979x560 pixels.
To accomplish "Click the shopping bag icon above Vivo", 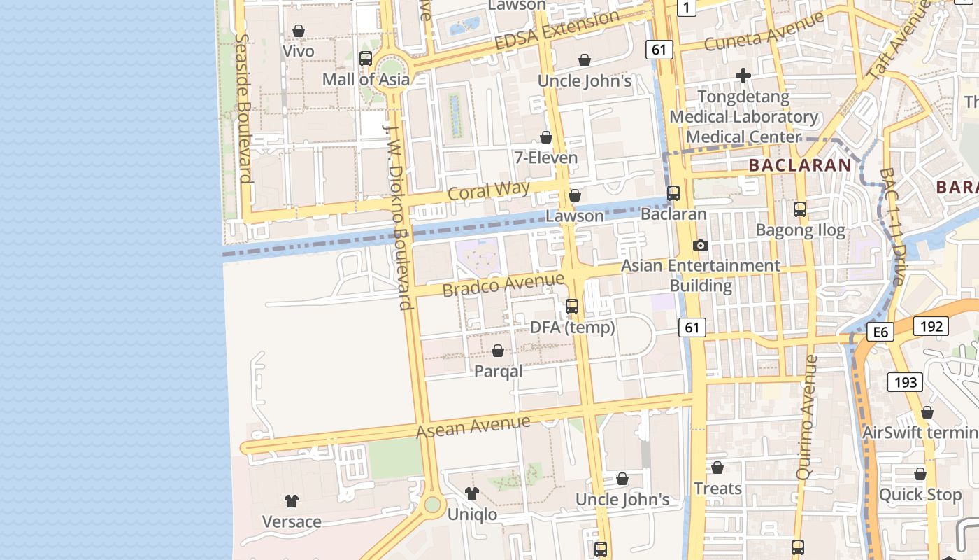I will [x=299, y=31].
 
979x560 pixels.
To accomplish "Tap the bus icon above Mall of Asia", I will [x=366, y=59].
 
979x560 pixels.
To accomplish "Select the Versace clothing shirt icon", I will [x=292, y=501].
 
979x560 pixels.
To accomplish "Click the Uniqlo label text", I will [x=472, y=514].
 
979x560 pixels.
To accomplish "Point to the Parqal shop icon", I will [x=498, y=351].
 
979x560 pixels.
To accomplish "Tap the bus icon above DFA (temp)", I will [x=572, y=307].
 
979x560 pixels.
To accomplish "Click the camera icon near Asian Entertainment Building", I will [x=700, y=245].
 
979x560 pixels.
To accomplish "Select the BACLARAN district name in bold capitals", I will [x=800, y=166].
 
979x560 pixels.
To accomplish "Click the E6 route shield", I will [x=880, y=332].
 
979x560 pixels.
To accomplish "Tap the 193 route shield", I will [x=905, y=382].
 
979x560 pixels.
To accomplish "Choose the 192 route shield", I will [x=931, y=326].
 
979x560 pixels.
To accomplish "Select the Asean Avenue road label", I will [x=473, y=426].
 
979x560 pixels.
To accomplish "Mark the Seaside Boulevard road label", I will [x=243, y=108].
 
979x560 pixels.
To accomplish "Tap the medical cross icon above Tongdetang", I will [x=743, y=75].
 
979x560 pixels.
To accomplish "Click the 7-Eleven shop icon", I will [x=546, y=137].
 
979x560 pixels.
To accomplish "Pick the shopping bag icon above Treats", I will [x=717, y=468].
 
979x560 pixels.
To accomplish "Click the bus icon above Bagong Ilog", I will [x=800, y=209].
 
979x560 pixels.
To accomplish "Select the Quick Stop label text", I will [x=920, y=495].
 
